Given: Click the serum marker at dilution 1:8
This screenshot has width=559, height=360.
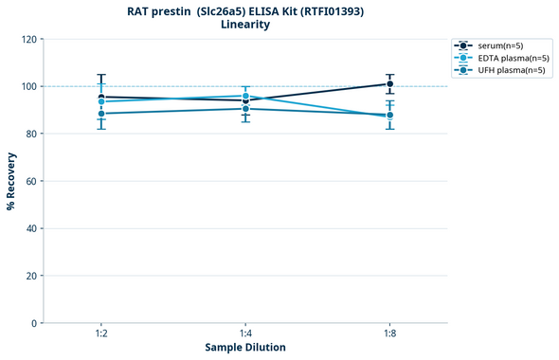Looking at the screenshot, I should [389, 84].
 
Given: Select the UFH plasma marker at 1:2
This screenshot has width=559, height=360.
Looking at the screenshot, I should [101, 114].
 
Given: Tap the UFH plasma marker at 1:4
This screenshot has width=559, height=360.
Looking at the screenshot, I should [245, 109].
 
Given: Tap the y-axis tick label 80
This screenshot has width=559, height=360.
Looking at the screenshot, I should [30, 135].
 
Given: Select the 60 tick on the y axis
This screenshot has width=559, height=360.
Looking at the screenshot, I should [30, 182].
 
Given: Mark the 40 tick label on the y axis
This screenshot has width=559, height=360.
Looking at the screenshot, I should [30, 229].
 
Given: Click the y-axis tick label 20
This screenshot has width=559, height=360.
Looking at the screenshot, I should [30, 277].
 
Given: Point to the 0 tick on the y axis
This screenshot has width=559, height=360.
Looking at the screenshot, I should [33, 324].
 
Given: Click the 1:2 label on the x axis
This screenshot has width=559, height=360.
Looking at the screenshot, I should [101, 334].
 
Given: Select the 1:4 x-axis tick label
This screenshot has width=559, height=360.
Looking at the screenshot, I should [245, 334].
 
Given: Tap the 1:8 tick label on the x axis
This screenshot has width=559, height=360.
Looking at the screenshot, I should [389, 334].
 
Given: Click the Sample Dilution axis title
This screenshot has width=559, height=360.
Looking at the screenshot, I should [245, 348].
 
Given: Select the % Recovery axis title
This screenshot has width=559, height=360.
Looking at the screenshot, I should [11, 181].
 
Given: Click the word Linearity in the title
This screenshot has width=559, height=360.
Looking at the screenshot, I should [244, 25].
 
